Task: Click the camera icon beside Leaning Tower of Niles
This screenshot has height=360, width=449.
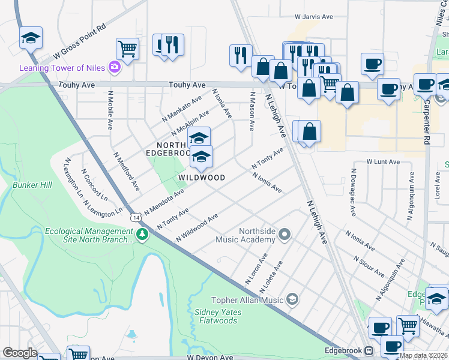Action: tap(114, 68)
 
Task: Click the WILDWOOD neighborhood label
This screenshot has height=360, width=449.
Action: tap(202, 178)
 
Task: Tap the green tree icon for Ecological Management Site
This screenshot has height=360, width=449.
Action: tap(142, 234)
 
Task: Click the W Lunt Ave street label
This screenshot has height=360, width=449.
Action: tap(383, 162)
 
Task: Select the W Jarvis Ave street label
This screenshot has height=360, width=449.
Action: tap(313, 17)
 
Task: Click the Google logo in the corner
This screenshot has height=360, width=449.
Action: tap(20, 353)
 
